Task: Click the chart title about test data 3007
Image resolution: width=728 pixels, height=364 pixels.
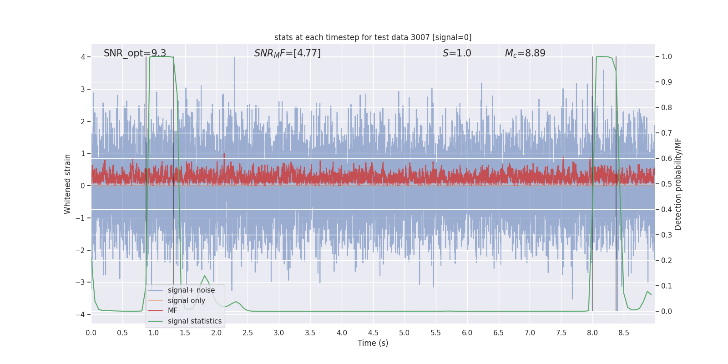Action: pos(373,37)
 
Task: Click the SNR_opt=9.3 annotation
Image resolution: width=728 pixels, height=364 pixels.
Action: pos(135,53)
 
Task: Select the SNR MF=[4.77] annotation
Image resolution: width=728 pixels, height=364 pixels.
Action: pos(287,53)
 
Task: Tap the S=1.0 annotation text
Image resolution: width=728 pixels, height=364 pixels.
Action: pos(457,53)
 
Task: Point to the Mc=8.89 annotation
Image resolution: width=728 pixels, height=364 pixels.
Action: pos(525,53)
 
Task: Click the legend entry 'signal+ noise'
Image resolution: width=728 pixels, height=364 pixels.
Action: pos(191,290)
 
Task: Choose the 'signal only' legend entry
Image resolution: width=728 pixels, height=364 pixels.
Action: pos(186,301)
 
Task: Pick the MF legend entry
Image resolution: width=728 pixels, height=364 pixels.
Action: pos(172,311)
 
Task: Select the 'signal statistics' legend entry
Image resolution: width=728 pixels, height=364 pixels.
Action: pos(194,321)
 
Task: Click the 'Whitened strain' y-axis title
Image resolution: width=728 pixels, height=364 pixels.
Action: pos(68,184)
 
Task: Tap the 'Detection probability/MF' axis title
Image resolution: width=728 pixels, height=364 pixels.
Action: pos(678,184)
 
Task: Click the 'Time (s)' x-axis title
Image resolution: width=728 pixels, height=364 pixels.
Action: pos(373,343)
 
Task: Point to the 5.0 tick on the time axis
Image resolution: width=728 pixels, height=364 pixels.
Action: pos(404,333)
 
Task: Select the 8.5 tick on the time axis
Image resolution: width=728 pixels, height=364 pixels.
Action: pos(623,333)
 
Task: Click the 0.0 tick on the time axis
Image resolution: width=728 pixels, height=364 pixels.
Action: pos(91,333)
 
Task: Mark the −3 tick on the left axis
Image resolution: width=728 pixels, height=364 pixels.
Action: pos(82,282)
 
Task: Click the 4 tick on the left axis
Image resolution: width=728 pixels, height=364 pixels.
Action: pos(83,57)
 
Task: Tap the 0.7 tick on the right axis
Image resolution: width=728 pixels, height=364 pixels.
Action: pos(666,133)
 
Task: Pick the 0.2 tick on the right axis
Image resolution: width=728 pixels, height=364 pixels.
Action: pos(666,260)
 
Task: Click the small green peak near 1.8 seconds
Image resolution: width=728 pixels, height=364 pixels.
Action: pos(204,276)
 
